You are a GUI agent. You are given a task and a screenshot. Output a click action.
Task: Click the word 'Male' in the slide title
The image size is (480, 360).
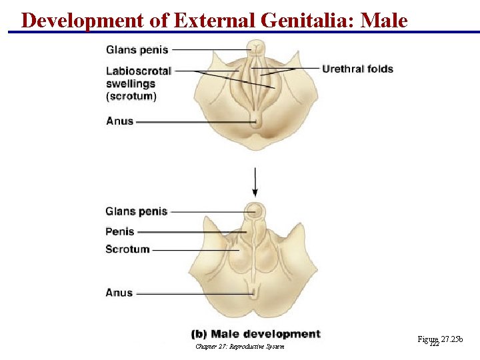click(383, 20)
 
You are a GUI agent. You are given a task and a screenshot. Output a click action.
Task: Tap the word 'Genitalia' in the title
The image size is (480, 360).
click(303, 20)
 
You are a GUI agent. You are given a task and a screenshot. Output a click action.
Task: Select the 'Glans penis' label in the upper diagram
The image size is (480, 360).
click(137, 49)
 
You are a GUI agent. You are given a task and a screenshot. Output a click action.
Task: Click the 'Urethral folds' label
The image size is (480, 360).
click(358, 69)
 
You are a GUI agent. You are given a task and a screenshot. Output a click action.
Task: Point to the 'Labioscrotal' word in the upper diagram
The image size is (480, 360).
click(139, 71)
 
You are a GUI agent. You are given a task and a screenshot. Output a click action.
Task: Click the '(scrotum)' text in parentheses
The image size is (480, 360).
click(131, 96)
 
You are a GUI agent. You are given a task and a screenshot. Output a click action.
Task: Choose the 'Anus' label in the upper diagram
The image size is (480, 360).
click(120, 121)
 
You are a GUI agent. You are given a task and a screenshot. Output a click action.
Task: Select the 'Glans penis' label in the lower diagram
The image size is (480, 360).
click(137, 211)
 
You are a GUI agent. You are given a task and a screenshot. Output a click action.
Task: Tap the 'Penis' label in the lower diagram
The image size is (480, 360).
click(120, 231)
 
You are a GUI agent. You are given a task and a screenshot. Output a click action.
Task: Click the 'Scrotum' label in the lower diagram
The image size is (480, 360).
click(127, 249)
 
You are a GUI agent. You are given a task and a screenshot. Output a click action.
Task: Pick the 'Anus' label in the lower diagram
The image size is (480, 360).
click(119, 293)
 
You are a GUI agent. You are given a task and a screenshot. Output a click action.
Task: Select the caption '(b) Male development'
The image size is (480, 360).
click(256, 334)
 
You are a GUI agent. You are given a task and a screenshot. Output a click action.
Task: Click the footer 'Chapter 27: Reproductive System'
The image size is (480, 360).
click(240, 347)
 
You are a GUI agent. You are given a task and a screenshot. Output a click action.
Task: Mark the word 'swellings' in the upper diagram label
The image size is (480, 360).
click(131, 83)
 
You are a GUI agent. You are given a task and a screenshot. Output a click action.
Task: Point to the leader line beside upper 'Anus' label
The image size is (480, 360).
click(193, 122)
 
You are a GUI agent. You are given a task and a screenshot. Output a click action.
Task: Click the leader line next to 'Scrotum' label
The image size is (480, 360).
click(193, 250)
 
